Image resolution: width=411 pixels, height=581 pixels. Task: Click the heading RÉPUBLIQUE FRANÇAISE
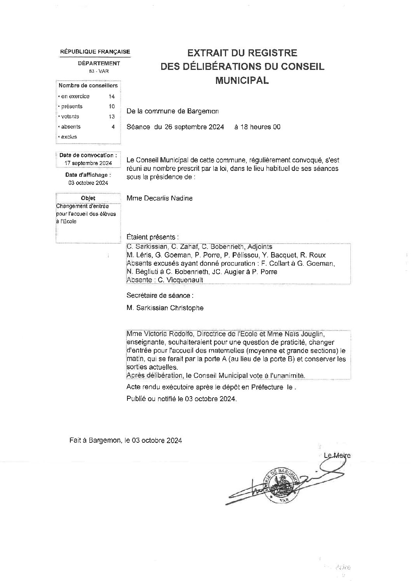point(95,52)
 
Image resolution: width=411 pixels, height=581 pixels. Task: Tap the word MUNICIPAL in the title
point(242,81)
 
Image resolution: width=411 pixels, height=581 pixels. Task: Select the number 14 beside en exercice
point(112,96)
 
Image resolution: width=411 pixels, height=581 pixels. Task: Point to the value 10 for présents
point(112,106)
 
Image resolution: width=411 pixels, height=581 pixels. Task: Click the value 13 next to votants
point(112,117)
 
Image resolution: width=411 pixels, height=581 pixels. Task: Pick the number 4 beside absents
point(113,127)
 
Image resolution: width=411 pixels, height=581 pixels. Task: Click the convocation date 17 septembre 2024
point(89,163)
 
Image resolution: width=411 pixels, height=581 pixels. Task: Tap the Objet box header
point(88,198)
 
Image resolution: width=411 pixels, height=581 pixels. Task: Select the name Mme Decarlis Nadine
point(159,198)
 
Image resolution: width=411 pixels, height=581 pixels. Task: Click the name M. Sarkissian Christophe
point(165,308)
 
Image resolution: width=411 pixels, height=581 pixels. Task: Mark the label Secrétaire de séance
point(160,296)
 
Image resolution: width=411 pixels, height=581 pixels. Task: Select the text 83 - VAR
point(99,71)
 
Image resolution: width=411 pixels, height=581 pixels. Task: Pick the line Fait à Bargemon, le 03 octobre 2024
point(125,440)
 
